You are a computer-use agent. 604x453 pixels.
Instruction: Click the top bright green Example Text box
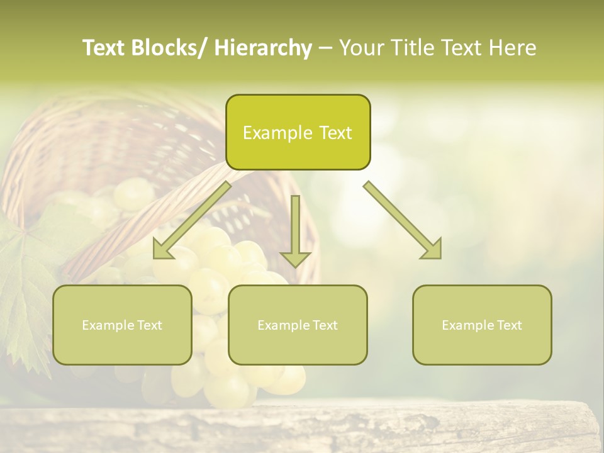pyautogui.click(x=298, y=132)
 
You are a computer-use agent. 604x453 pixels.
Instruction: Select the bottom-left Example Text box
pyautogui.click(x=122, y=325)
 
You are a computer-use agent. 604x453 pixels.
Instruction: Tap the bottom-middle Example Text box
pyautogui.click(x=298, y=325)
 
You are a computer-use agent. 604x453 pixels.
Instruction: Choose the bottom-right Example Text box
pyautogui.click(x=482, y=325)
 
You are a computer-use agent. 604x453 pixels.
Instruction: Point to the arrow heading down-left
pyautogui.click(x=192, y=221)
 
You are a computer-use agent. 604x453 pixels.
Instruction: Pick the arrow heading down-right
pyautogui.click(x=403, y=220)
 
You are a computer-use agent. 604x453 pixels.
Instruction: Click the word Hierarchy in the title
pyautogui.click(x=263, y=48)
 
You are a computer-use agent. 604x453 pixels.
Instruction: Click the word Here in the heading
pyautogui.click(x=513, y=48)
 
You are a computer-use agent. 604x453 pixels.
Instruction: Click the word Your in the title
pyautogui.click(x=361, y=48)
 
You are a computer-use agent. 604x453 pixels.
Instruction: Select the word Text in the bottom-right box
pyautogui.click(x=508, y=325)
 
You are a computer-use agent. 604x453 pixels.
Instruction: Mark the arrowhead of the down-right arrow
pyautogui.click(x=432, y=250)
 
